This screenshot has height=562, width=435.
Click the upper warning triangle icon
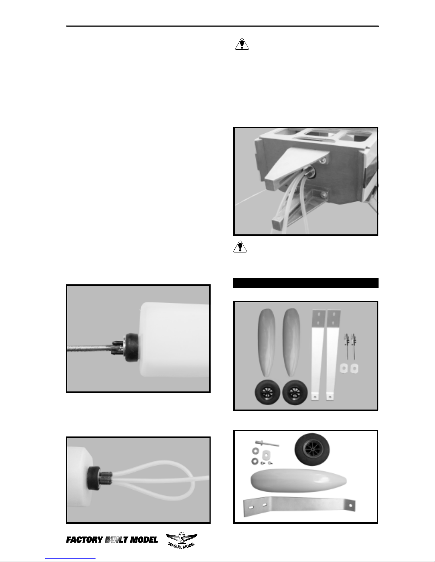242,44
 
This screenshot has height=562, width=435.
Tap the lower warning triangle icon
240,247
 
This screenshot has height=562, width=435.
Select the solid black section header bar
306,283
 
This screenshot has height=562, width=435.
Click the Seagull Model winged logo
181,540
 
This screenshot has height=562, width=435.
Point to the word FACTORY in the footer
85,540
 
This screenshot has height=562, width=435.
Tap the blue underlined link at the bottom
70,559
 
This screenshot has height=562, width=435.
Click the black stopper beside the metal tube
131,347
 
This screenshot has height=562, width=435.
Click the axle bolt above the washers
267,444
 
